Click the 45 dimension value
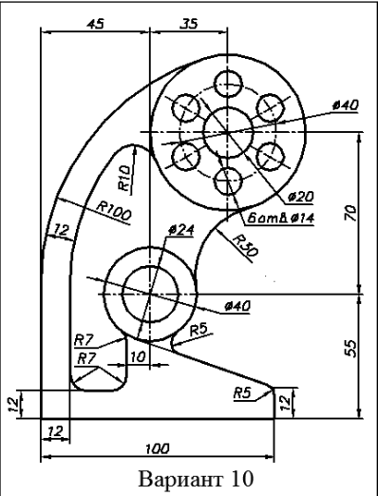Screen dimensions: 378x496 coord(95,24)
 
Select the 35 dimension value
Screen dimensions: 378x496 coord(189,24)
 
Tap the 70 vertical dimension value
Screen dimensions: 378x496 coord(351,213)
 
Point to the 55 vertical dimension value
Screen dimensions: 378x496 coord(351,349)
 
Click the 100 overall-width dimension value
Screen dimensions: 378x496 coord(158,448)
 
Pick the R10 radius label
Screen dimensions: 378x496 coord(124,178)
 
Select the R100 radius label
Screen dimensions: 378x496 coord(114,211)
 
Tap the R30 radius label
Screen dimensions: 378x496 coord(245,245)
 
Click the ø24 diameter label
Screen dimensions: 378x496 coord(180,230)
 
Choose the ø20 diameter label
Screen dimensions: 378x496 coord(300,197)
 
